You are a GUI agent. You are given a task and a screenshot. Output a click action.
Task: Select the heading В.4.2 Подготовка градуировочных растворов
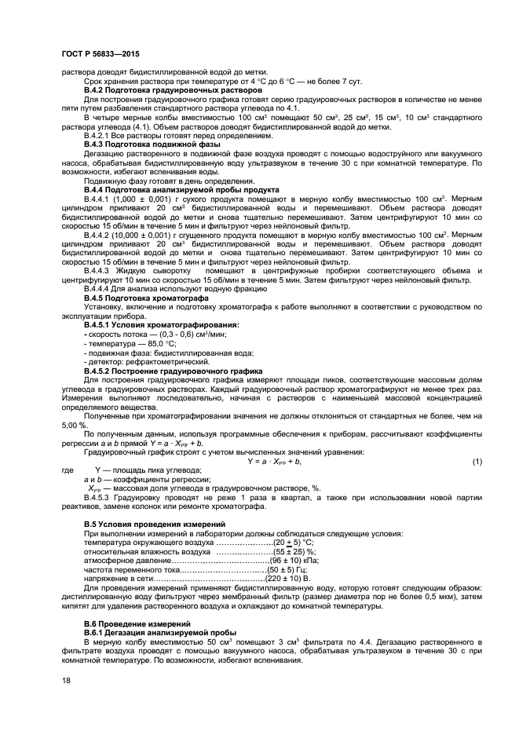coord(173,91)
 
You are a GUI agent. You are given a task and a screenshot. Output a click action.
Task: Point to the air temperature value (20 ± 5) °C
coord(294,543)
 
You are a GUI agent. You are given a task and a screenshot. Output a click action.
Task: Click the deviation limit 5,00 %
coord(76,424)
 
